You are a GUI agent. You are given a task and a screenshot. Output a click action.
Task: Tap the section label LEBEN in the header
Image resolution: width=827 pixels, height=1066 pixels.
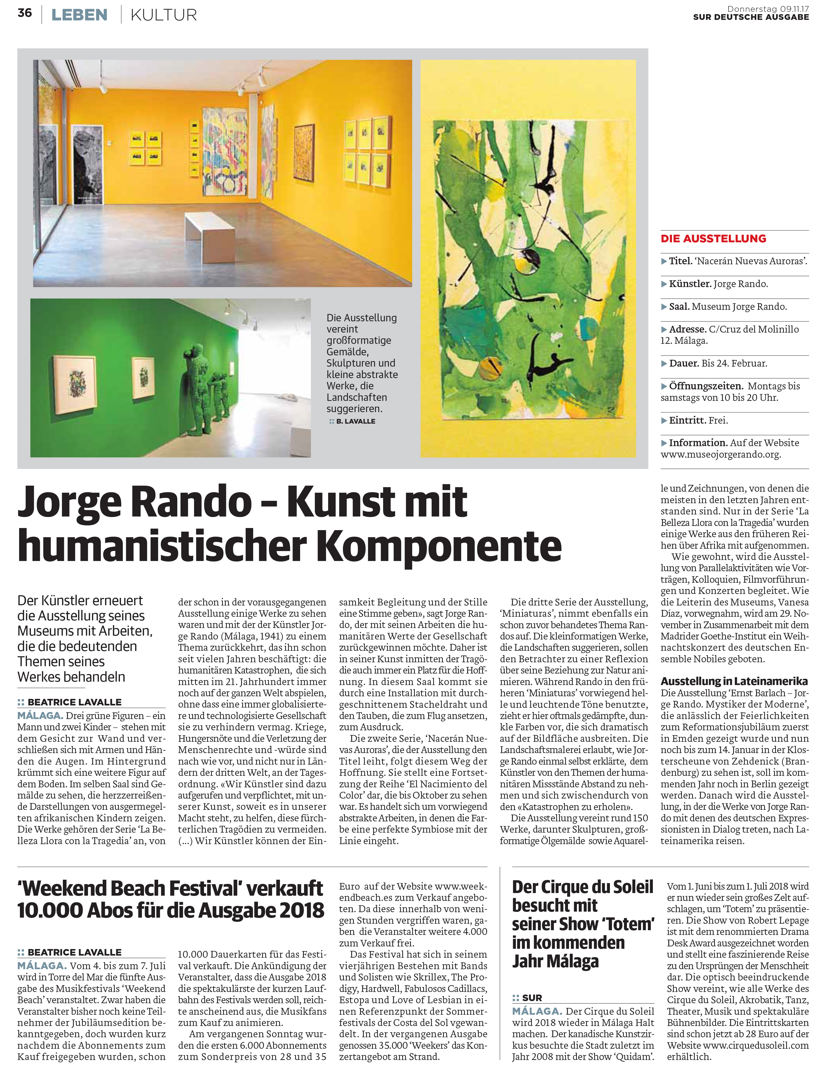click(x=79, y=15)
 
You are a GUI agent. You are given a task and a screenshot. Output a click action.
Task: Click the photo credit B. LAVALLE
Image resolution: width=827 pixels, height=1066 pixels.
click(x=356, y=421)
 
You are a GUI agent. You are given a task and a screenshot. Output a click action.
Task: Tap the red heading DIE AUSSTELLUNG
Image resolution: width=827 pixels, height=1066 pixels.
click(x=713, y=239)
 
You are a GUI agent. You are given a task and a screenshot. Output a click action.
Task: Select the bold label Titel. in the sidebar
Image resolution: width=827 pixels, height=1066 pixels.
click(x=680, y=261)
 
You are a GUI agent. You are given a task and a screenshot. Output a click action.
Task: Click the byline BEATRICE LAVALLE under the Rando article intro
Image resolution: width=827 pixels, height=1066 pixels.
click(x=74, y=702)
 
